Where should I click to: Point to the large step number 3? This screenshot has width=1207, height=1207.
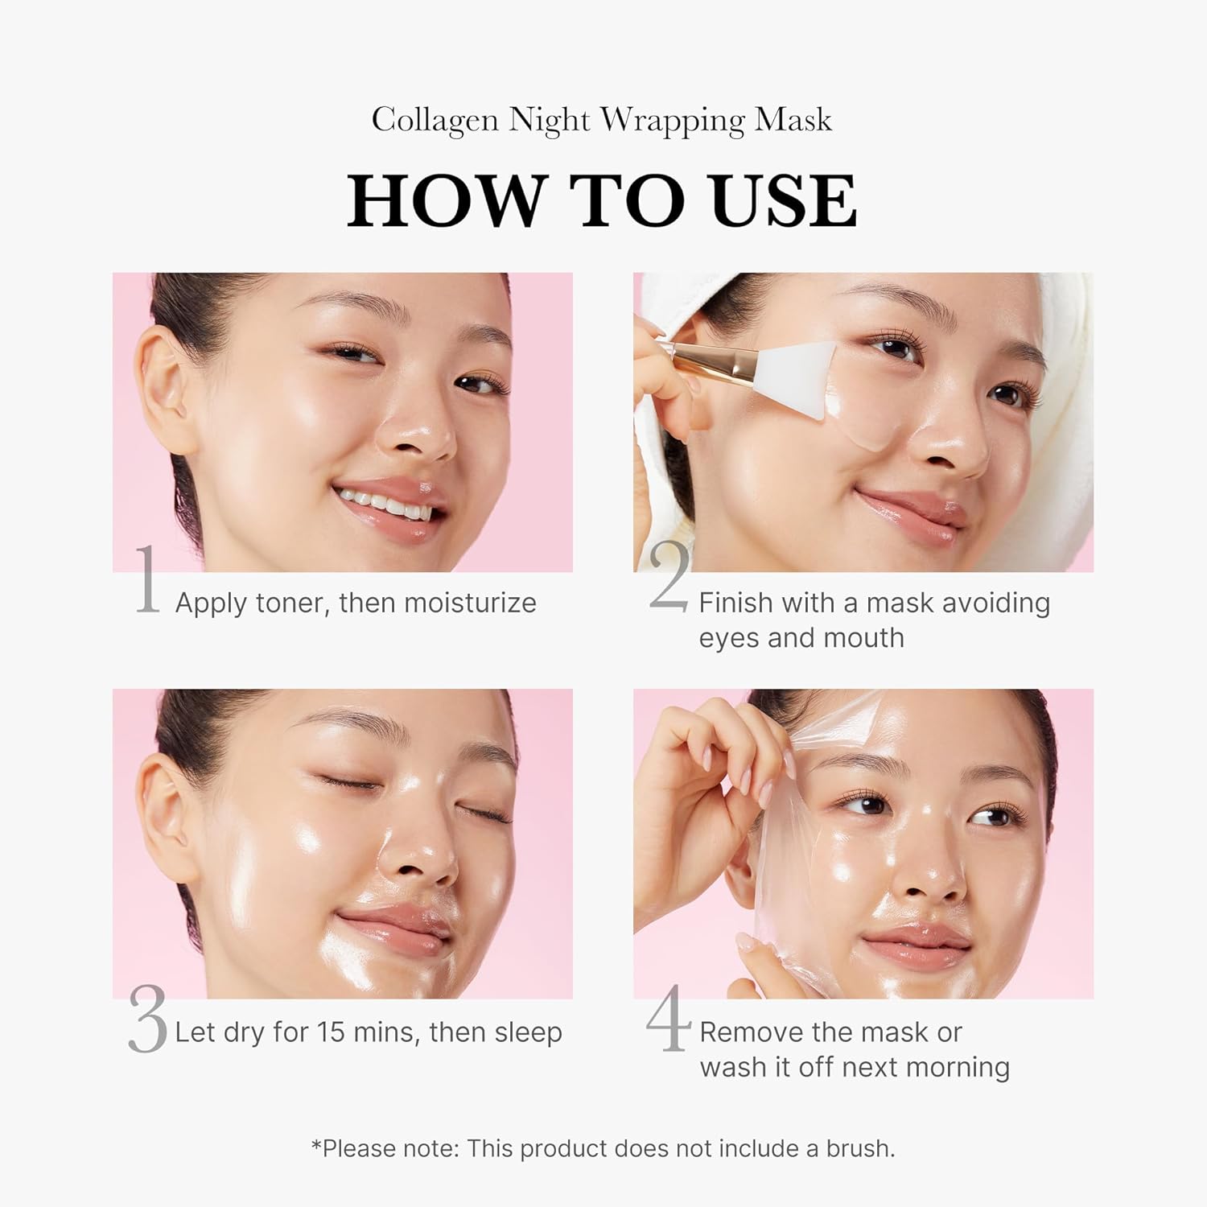pyautogui.click(x=147, y=1020)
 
